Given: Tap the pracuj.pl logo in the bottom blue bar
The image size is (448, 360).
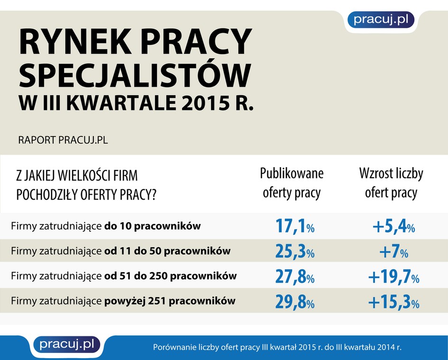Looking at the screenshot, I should (x=66, y=344).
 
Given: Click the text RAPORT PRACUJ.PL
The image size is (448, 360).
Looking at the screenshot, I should (x=63, y=141).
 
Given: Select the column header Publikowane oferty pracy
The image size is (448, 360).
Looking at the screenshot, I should (x=292, y=183).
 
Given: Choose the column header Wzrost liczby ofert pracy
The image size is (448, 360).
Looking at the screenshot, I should (x=391, y=183).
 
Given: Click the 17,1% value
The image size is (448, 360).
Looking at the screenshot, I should (x=294, y=226).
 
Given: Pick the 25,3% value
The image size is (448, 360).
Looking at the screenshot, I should (x=294, y=252).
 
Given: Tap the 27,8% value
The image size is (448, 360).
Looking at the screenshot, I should (x=294, y=277).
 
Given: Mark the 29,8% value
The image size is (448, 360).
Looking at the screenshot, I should (x=294, y=301).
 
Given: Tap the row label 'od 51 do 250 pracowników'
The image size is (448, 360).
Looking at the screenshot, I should (x=170, y=276).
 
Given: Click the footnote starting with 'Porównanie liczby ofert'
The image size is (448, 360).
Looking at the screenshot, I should (x=277, y=347).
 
